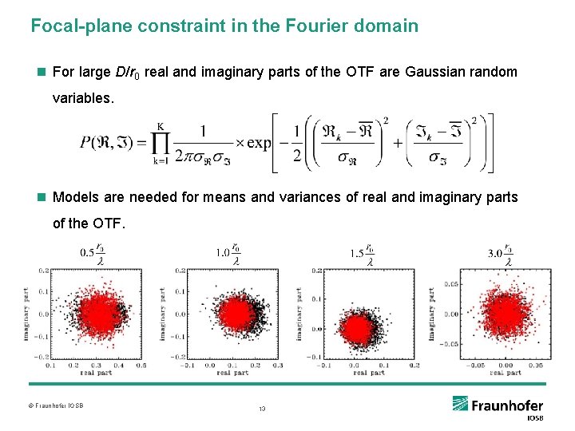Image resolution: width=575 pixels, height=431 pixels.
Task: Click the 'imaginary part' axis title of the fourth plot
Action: coord(432,314)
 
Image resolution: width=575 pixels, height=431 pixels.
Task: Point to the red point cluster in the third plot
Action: coord(357,327)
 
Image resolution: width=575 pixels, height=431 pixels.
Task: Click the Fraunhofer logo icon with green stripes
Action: coord(461,404)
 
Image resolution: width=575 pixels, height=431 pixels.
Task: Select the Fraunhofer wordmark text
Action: coord(507,405)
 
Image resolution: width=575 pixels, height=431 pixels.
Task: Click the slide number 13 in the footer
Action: coord(261,409)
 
